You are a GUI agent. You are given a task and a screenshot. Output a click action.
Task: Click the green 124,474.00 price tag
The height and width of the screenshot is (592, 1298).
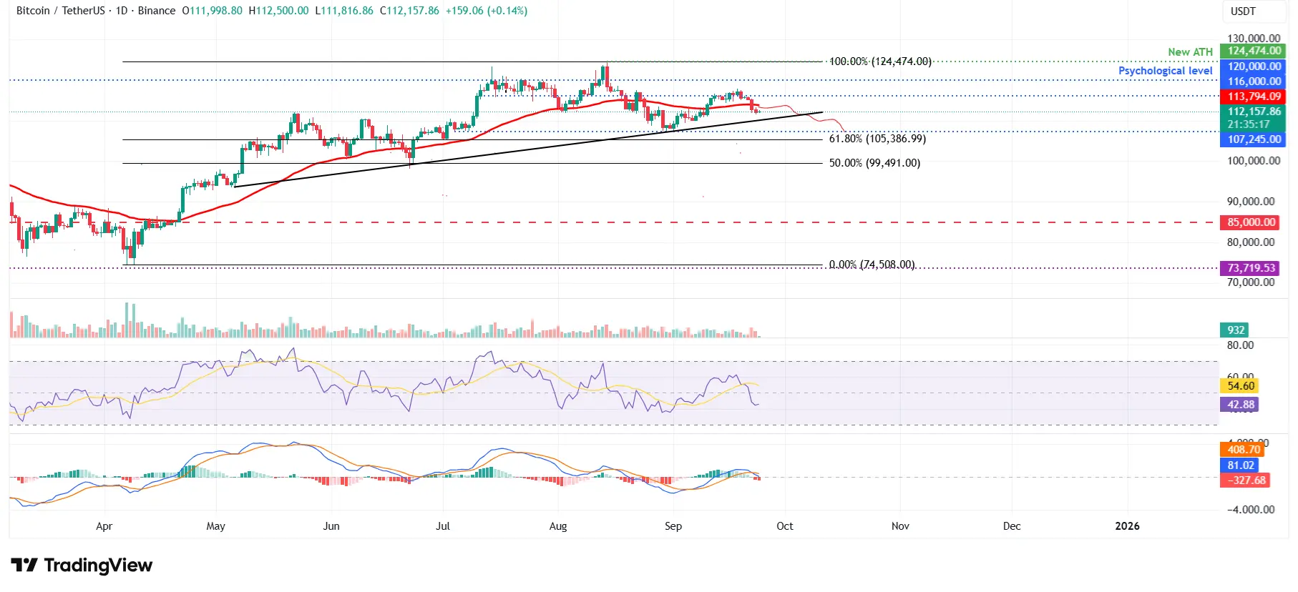1254,51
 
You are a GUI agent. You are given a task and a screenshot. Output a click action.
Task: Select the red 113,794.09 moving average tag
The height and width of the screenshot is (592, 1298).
1254,97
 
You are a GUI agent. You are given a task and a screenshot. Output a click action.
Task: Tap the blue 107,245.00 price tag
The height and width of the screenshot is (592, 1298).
1254,139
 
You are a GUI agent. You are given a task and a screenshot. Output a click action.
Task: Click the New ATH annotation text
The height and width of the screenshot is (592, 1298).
1190,52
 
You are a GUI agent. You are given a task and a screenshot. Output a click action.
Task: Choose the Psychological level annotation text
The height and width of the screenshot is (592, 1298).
1165,71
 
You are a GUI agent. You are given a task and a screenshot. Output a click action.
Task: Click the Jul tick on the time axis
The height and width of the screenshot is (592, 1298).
443,526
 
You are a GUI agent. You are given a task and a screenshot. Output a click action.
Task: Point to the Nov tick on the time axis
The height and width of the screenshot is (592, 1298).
900,526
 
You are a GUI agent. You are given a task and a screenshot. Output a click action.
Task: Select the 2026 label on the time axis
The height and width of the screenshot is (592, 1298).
1127,526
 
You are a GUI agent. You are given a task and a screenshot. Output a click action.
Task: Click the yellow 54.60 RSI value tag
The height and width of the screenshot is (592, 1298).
1240,386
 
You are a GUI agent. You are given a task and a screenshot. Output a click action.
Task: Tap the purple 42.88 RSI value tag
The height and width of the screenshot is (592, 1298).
1240,405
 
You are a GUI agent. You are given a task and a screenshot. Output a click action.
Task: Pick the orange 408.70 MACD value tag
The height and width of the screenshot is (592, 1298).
1243,450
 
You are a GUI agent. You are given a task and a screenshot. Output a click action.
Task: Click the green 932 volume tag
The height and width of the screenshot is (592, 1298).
1236,330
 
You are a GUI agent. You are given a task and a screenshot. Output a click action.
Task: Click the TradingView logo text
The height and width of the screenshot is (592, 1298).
97,566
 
